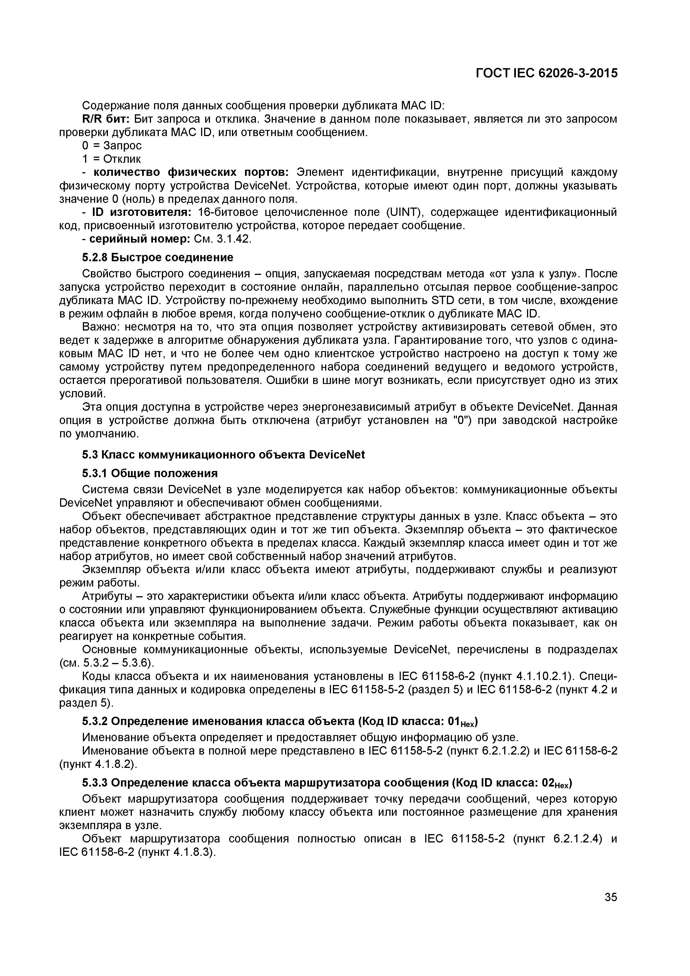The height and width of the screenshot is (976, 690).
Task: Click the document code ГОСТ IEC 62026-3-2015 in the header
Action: pyautogui.click(x=546, y=73)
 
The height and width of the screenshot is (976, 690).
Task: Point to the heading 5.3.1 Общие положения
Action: pyautogui.click(x=150, y=473)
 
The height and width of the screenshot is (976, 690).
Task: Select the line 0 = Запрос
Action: pyautogui.click(x=112, y=146)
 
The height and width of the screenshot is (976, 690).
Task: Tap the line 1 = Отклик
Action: pyautogui.click(x=111, y=159)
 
